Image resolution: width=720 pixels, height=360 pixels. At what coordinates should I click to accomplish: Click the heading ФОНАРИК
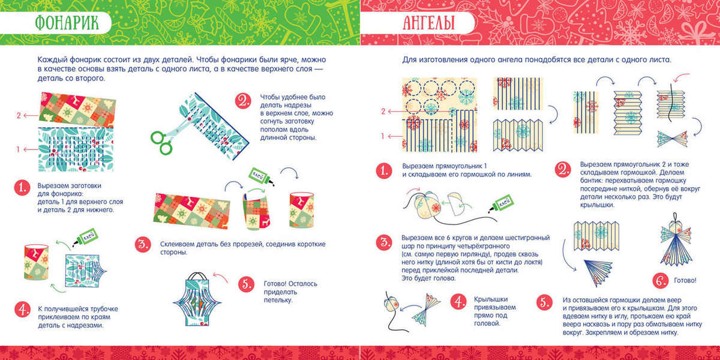coord(67,23)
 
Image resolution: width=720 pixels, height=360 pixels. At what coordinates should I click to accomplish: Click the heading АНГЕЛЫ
coord(428,23)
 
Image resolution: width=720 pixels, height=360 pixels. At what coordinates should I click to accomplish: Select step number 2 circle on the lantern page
coord(243,101)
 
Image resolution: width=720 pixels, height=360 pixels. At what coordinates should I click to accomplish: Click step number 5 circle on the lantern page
coord(247,284)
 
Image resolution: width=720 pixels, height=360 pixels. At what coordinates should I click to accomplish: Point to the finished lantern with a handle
coord(197,298)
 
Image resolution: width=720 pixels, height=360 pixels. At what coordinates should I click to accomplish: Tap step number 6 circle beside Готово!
coord(661,281)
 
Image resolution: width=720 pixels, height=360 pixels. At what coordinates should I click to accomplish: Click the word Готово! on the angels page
coord(685,281)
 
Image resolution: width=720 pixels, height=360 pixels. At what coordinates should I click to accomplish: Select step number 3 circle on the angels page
coord(384,242)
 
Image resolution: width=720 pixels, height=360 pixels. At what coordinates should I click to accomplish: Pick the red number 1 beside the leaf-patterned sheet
coord(19,149)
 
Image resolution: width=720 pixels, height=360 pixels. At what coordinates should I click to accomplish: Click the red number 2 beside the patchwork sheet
coord(19,115)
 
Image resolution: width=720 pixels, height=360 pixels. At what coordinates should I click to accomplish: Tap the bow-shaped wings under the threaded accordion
coord(672,139)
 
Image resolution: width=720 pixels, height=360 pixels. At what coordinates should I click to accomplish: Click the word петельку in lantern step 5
coord(278,300)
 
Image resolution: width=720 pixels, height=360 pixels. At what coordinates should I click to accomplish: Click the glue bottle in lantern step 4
coord(85,238)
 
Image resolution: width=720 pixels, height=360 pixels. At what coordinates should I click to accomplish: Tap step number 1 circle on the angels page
coord(384,170)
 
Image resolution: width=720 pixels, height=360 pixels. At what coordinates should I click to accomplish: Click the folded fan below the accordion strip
coord(598,272)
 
